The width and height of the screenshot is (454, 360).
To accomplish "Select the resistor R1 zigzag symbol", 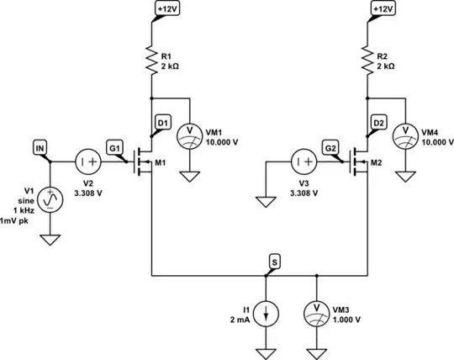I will click(x=151, y=60).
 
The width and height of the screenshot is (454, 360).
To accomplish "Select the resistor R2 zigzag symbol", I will click(x=367, y=60).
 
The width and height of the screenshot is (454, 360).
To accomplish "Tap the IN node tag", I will click(x=40, y=149).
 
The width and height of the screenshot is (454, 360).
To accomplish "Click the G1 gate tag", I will click(x=115, y=149).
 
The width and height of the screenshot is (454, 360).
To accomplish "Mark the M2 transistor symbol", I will click(x=360, y=160).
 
